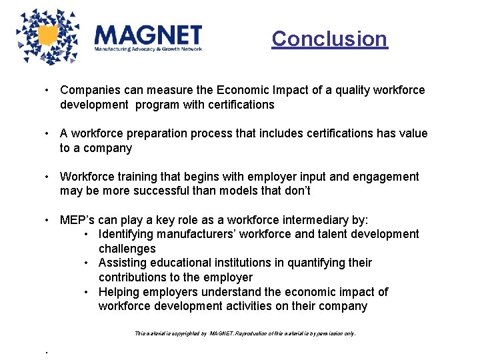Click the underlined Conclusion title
point(329,39)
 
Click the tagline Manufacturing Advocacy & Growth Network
point(147,49)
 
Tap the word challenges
point(127,249)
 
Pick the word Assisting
point(122,263)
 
